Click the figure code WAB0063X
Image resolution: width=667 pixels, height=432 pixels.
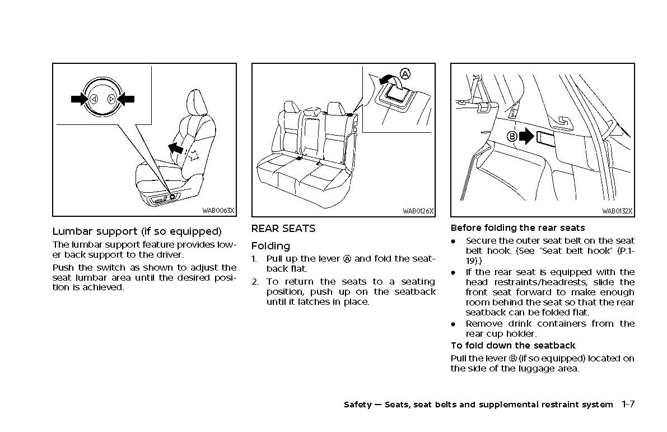tap(218, 211)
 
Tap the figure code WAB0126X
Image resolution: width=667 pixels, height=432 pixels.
tap(418, 211)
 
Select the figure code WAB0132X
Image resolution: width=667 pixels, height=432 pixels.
tap(617, 211)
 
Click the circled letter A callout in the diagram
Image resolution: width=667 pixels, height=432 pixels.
tap(405, 73)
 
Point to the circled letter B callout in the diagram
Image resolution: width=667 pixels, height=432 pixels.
tap(511, 136)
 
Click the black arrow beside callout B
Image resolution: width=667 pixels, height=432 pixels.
tap(527, 137)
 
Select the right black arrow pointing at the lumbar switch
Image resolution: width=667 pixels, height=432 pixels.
tap(126, 99)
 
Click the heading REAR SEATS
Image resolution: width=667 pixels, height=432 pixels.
tap(283, 229)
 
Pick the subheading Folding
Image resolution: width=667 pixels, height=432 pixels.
tap(270, 246)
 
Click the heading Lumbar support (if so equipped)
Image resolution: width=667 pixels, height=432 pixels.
tap(137, 231)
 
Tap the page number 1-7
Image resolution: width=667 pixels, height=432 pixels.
tap(627, 404)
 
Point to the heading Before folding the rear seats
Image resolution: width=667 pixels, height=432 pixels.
tap(517, 228)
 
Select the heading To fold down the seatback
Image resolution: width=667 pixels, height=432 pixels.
tap(512, 346)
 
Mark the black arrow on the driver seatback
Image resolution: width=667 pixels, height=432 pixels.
tap(176, 148)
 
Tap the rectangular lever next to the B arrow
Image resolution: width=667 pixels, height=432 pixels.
tap(545, 138)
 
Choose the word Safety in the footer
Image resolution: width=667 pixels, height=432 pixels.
tap(357, 405)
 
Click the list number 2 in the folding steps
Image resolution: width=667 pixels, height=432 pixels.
tap(254, 282)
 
